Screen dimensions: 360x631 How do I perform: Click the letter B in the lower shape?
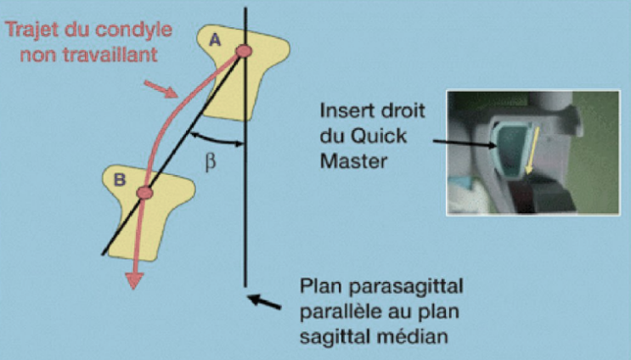tap(120, 178)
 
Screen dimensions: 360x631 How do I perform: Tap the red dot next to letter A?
tap(245, 53)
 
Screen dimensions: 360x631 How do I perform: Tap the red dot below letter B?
tap(145, 194)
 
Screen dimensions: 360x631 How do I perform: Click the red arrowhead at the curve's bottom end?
tap(132, 281)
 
